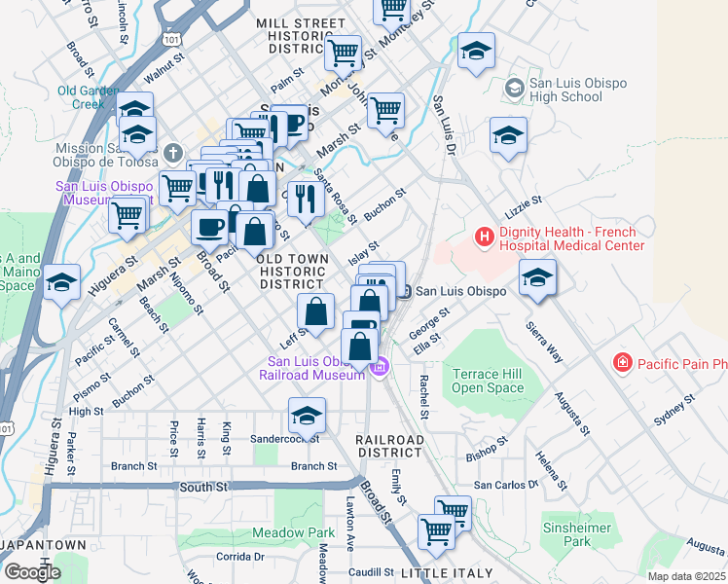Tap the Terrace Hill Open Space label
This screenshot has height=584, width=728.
point(488,381)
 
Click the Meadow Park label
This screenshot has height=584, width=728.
point(293,532)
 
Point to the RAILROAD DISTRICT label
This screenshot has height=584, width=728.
point(389,448)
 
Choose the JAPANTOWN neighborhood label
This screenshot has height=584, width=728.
point(43,544)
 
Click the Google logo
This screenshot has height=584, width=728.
point(31,572)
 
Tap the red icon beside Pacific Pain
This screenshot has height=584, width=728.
point(622,363)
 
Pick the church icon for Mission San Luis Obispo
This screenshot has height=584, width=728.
point(173,153)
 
